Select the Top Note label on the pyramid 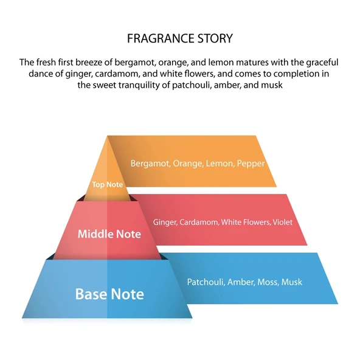[108, 185]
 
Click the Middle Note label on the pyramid [109, 234]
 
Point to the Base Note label [109, 294]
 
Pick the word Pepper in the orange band [251, 164]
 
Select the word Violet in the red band [283, 222]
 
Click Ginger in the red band [165, 223]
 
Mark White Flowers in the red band [246, 222]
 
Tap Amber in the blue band [241, 282]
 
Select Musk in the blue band [291, 282]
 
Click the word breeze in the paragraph [89, 62]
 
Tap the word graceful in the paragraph [322, 63]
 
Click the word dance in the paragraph [40, 74]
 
